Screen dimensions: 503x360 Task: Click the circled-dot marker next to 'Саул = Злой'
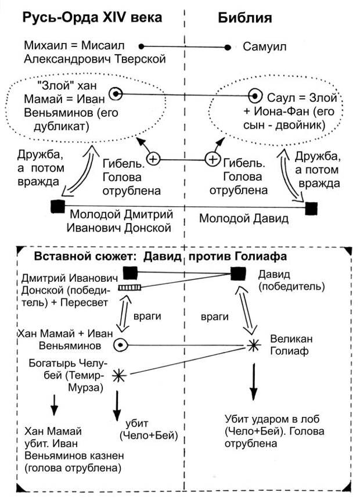[254, 95]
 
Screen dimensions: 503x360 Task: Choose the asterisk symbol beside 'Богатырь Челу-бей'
[119, 375]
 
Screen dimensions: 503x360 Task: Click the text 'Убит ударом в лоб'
[272, 419]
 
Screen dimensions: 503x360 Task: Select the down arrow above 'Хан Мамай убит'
[54, 404]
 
